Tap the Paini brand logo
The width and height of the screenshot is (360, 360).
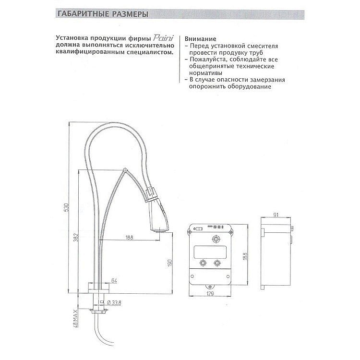[163, 37]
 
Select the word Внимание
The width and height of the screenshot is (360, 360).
[200, 39]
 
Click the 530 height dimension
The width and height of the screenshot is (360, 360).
[66, 207]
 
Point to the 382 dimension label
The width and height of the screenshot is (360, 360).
[76, 238]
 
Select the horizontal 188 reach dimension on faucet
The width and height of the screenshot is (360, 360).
[129, 237]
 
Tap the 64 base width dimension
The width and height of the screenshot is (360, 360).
[114, 281]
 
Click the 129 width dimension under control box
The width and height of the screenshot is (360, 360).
[210, 293]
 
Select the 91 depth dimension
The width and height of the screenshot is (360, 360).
[276, 215]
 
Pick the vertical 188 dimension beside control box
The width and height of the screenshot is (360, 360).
[245, 255]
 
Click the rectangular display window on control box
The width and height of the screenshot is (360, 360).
[210, 252]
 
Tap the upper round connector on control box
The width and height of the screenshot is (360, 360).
[216, 239]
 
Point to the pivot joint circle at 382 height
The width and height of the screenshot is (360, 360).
[125, 170]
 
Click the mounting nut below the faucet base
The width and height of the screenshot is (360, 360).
[99, 312]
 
